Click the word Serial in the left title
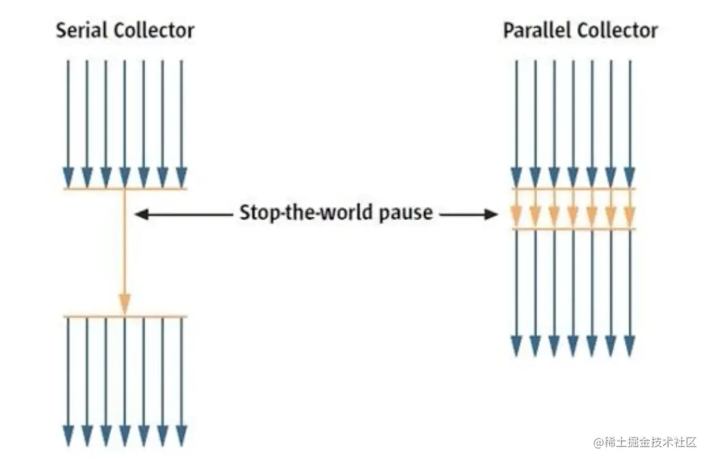click(x=81, y=30)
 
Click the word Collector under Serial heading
click(x=154, y=30)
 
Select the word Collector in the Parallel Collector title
click(x=618, y=30)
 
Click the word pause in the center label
click(x=406, y=213)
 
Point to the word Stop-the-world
click(x=307, y=212)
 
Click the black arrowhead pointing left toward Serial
click(x=142, y=214)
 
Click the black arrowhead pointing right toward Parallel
click(x=491, y=214)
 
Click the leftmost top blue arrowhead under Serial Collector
click(x=68, y=177)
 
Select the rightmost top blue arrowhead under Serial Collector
click(x=181, y=177)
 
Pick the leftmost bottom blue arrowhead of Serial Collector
click(x=68, y=436)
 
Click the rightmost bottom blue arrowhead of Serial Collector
click(x=181, y=436)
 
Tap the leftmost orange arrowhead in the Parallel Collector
click(x=516, y=216)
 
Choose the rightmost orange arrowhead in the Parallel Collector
click(x=629, y=216)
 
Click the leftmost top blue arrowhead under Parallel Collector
click(x=516, y=177)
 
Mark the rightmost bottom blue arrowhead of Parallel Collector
click(x=629, y=346)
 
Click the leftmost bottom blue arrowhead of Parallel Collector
click(x=516, y=346)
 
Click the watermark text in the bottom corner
click(x=645, y=442)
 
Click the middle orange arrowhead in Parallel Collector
click(x=573, y=216)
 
